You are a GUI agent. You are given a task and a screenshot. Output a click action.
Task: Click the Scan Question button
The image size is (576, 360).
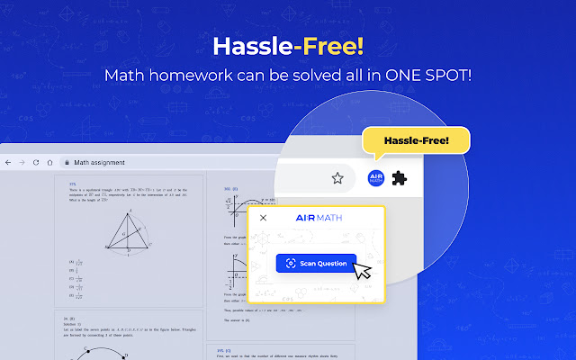pyautogui.click(x=315, y=264)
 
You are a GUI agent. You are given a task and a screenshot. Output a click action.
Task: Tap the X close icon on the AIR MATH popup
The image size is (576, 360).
pyautogui.click(x=263, y=218)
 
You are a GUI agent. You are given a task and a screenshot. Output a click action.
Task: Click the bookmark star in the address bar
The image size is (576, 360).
pyautogui.click(x=338, y=177)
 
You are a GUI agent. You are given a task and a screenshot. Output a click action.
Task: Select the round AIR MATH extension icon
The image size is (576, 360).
pyautogui.click(x=376, y=177)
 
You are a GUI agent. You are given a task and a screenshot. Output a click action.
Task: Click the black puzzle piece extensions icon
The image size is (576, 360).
pyautogui.click(x=400, y=177)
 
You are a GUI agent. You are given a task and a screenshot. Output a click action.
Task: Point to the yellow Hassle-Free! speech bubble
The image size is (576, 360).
pyautogui.click(x=415, y=141)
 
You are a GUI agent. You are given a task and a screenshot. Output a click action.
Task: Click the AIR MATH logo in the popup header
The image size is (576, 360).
pyautogui.click(x=316, y=218)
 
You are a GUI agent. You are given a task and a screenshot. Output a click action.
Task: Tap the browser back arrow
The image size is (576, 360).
pyautogui.click(x=8, y=163)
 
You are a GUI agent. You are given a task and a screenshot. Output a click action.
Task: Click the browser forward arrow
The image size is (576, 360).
pyautogui.click(x=22, y=163)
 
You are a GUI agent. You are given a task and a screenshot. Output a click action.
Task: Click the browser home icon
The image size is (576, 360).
pyautogui.click(x=49, y=163)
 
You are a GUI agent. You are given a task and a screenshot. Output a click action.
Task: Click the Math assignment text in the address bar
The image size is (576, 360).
pyautogui.click(x=99, y=163)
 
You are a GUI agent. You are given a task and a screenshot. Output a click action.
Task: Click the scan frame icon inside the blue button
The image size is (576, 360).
pyautogui.click(x=290, y=264)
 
